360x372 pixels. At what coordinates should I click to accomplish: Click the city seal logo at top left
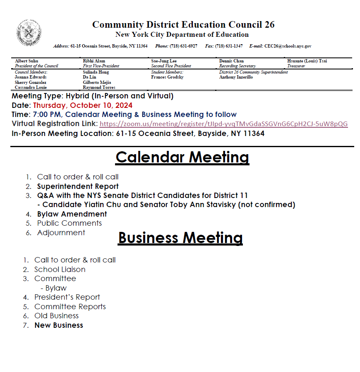pos(29,33)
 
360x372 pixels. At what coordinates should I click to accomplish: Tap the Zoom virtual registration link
pos(223,124)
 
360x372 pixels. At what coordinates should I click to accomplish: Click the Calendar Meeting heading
pos(182,157)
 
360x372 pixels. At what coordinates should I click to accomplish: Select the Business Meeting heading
pos(180,238)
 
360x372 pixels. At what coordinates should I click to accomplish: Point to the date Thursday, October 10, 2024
pos(83,105)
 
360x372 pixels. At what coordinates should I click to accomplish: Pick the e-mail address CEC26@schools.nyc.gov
pos(288,46)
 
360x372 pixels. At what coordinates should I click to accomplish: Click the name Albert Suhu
pos(26,61)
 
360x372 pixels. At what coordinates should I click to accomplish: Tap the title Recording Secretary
pos(238,66)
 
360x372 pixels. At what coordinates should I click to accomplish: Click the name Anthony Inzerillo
pos(236,77)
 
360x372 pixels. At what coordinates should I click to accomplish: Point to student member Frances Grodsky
pos(167,77)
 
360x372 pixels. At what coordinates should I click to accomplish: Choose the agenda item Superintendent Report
pos(78,186)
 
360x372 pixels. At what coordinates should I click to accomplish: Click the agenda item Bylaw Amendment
pos(72,214)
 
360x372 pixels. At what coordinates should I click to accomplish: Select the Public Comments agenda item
pos(70,223)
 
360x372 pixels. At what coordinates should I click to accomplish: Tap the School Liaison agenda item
pos(60,269)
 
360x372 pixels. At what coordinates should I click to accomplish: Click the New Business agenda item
pos(59,325)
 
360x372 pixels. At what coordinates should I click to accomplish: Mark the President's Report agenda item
pos(67,297)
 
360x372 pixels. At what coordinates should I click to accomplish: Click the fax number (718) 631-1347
pos(229,46)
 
